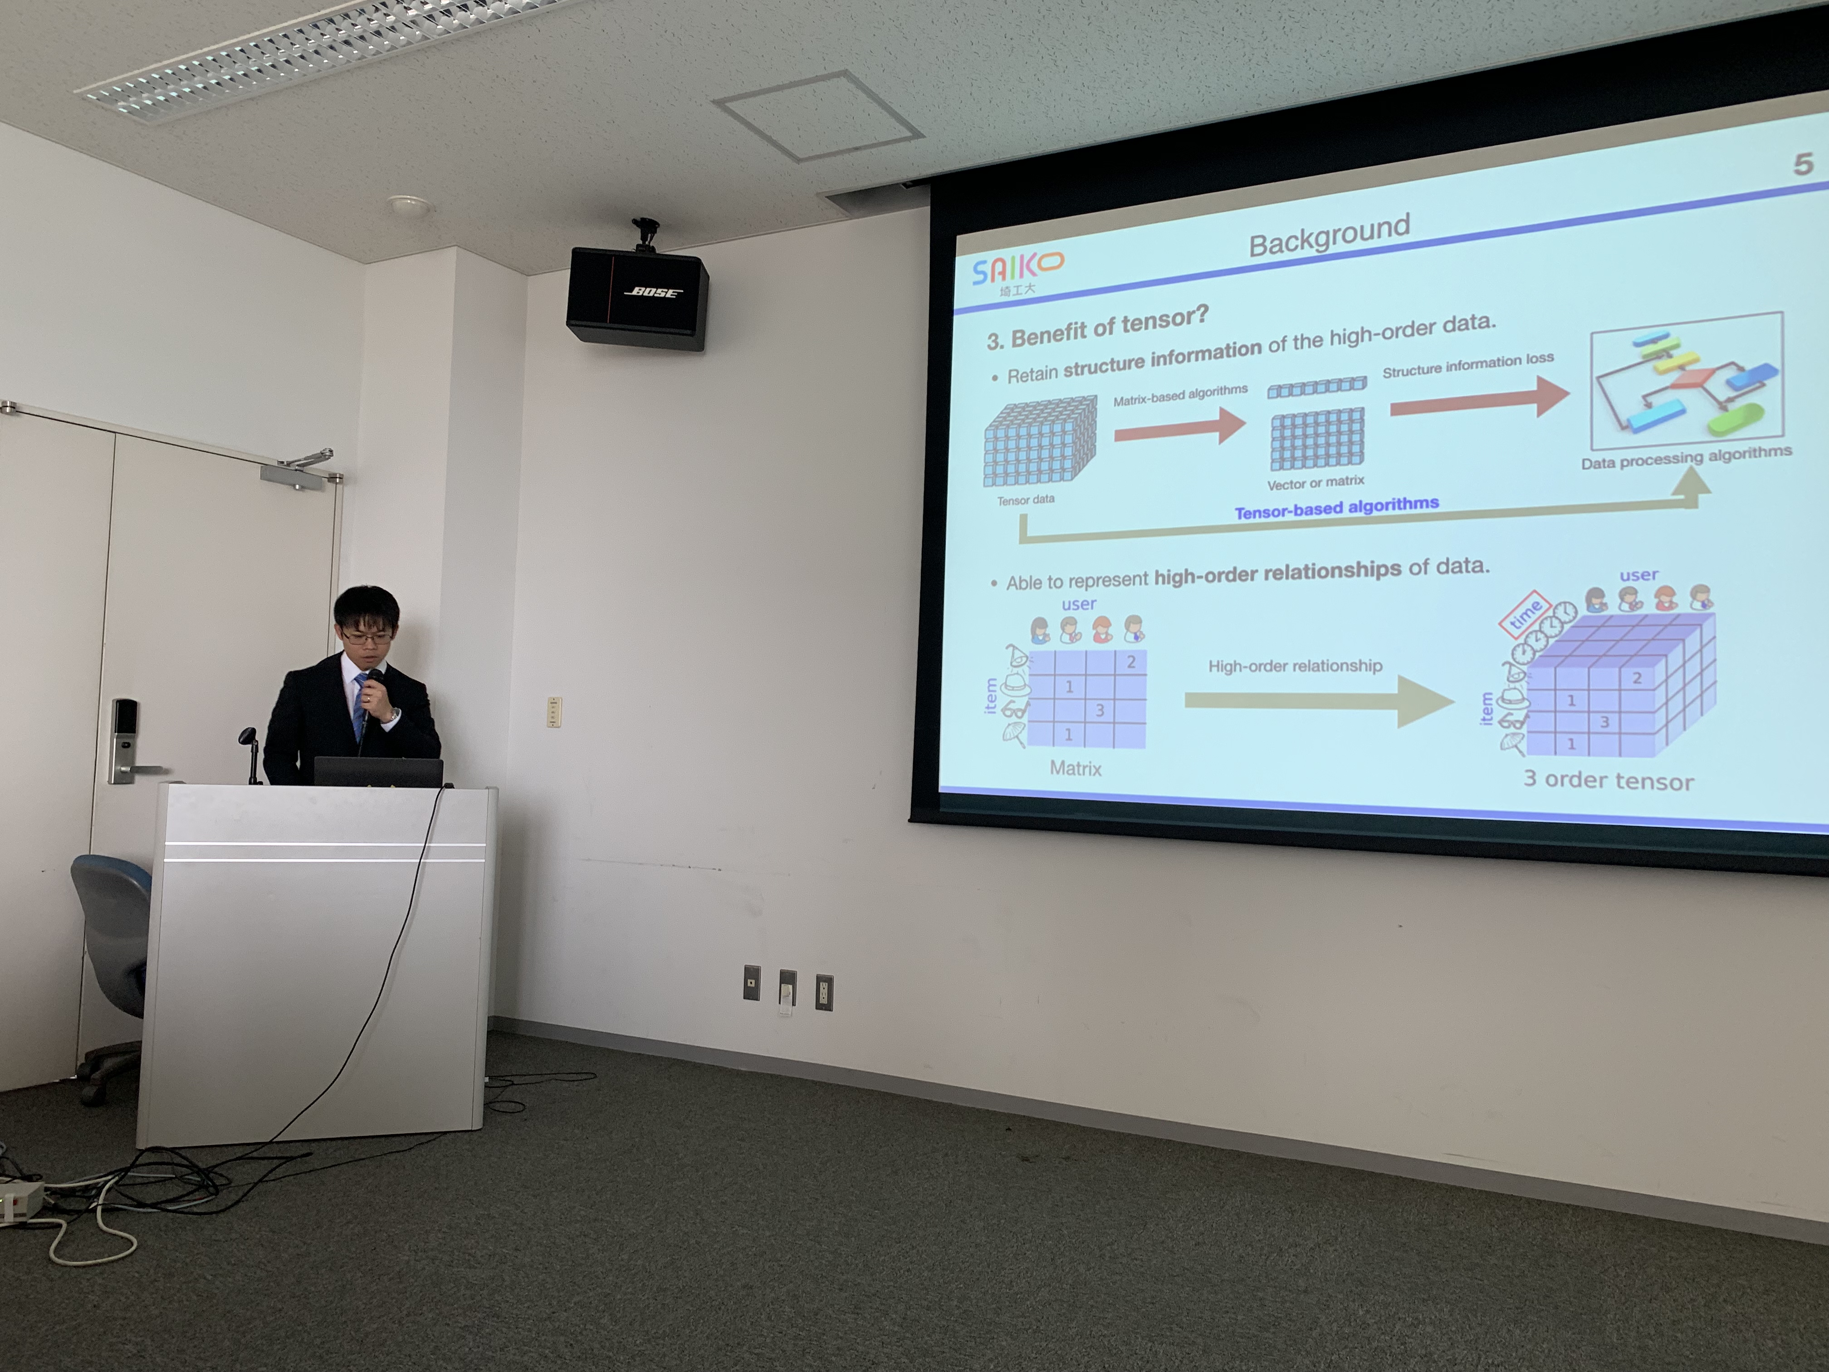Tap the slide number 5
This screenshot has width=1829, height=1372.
(x=1803, y=164)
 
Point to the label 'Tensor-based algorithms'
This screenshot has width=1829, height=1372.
(x=1336, y=507)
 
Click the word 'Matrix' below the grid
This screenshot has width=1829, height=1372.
(x=1076, y=768)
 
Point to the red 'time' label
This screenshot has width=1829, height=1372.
(x=1524, y=614)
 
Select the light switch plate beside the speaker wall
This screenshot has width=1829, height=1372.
(x=554, y=712)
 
